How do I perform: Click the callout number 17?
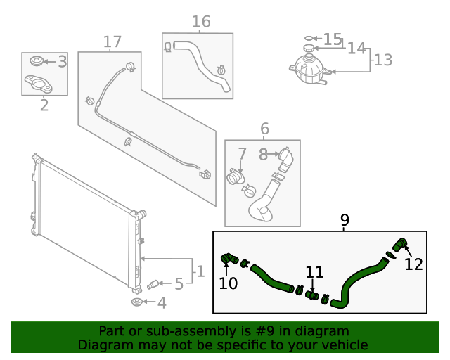point(112,42)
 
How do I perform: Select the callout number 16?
point(201,22)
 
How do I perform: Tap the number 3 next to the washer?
point(62,62)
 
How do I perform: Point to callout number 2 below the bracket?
point(44,106)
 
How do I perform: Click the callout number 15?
point(333,39)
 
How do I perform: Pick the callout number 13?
point(382,60)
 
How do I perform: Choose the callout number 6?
point(264,129)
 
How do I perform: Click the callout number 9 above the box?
point(345,220)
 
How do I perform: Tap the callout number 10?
point(229,283)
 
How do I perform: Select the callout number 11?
point(314,272)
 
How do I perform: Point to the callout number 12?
point(414,264)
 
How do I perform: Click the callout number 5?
point(179,284)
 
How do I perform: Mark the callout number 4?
point(162,303)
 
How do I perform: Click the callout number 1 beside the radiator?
point(200,271)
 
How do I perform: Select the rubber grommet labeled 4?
point(137,302)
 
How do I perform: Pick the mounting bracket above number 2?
point(43,84)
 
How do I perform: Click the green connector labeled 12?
point(399,245)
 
